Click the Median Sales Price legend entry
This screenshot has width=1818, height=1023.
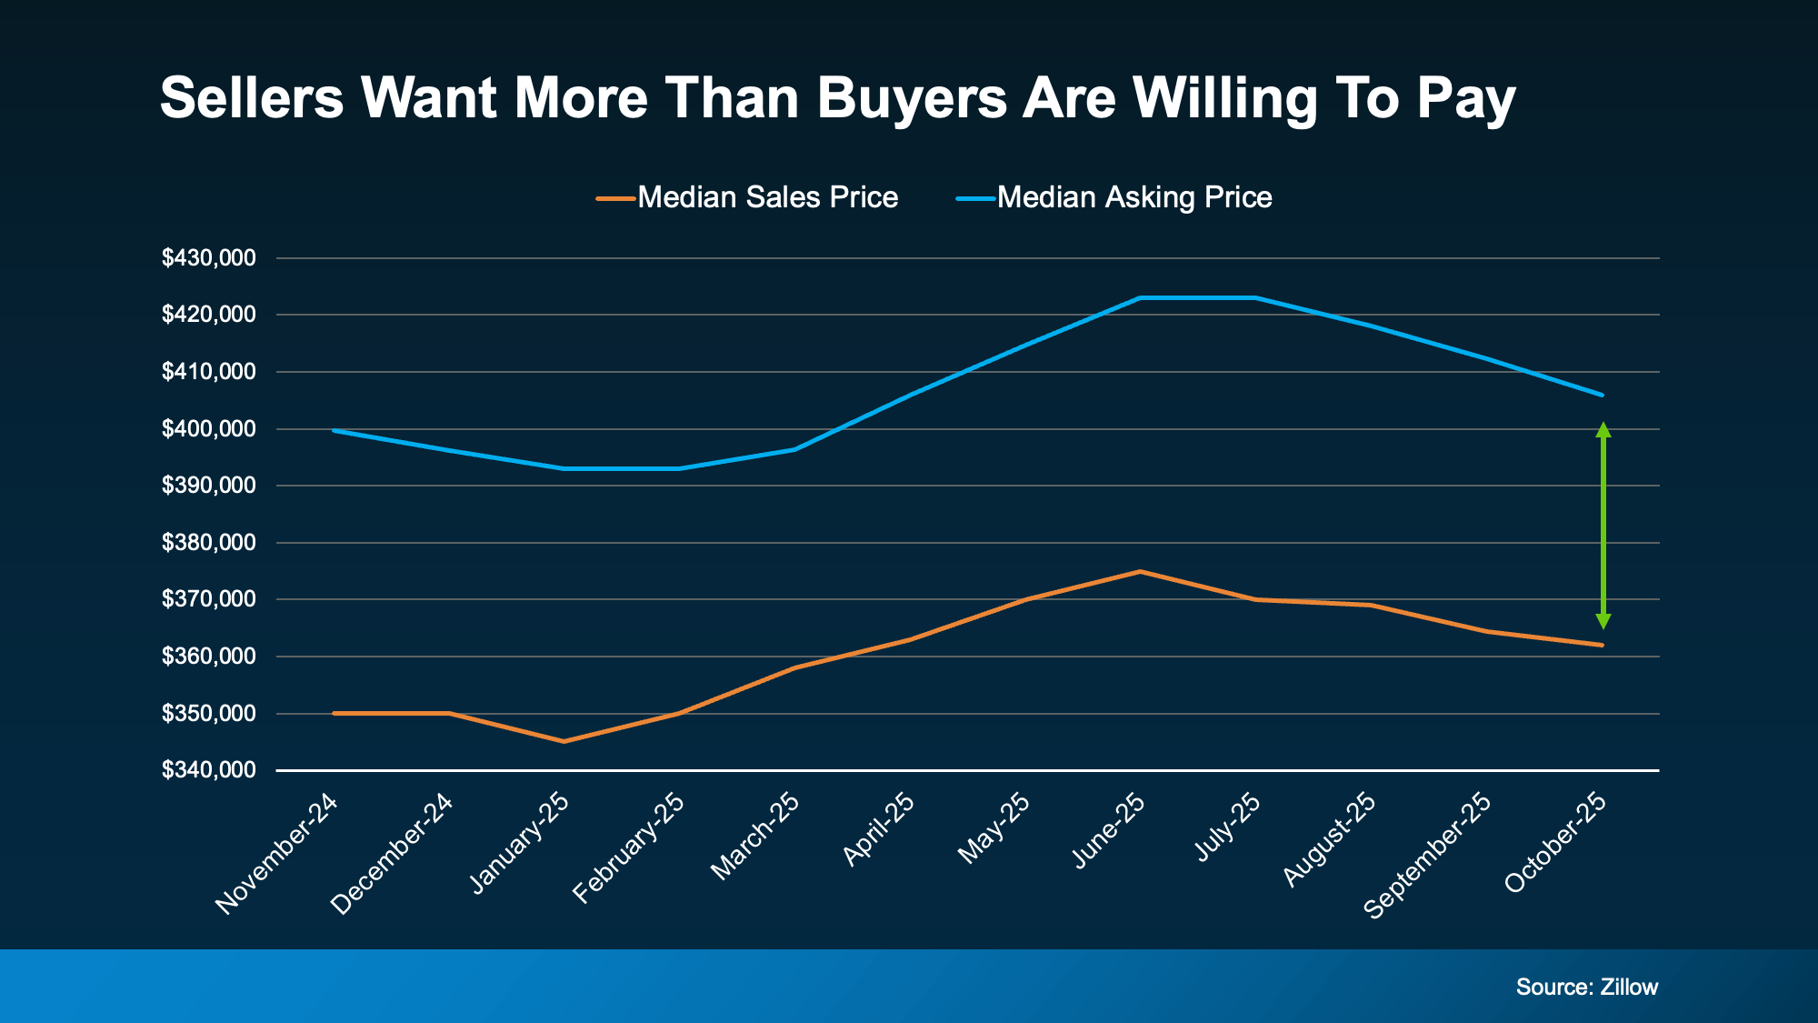coord(747,197)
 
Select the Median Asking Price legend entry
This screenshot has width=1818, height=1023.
coord(1114,197)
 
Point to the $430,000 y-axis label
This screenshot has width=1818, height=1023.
coord(209,258)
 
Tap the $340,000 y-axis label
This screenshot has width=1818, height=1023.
coord(209,770)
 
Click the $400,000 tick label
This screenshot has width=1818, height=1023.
coord(209,429)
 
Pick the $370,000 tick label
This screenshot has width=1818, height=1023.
coord(209,599)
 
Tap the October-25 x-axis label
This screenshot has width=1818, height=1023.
coord(1555,842)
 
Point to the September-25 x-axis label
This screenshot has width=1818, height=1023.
coord(1427,855)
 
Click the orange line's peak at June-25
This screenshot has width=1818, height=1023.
coord(1140,571)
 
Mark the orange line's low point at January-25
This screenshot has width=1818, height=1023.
coord(564,741)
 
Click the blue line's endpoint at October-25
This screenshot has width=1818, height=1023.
coord(1602,395)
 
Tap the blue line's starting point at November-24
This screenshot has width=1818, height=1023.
coord(335,430)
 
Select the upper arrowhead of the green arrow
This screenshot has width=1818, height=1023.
coord(1603,429)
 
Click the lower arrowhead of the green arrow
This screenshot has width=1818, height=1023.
coord(1603,621)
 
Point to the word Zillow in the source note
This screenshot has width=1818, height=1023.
coord(1629,988)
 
